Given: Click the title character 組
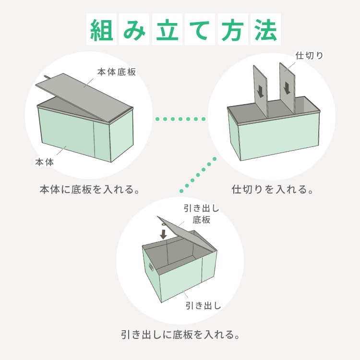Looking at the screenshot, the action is click(101, 30).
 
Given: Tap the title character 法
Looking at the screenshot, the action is click(265, 30).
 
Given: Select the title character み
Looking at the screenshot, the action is click(134, 30).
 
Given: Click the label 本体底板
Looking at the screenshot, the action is click(117, 72).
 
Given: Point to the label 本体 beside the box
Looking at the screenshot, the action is click(44, 162).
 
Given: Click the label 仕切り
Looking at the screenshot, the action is click(309, 56).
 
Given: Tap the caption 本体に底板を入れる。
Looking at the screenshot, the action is click(90, 190).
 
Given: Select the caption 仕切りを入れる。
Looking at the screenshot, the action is click(273, 190).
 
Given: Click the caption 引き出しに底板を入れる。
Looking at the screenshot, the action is click(180, 335).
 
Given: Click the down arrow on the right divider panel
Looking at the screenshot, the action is click(287, 88).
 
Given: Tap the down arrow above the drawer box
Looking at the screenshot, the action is click(164, 234).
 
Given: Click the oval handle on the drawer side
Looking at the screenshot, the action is click(151, 267).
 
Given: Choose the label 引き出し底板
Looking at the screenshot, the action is click(201, 214).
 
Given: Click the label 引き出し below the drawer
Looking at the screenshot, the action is click(203, 306).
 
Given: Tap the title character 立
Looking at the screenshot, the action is click(167, 30).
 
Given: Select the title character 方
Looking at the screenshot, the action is click(233, 30).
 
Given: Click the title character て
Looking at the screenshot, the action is click(200, 30).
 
